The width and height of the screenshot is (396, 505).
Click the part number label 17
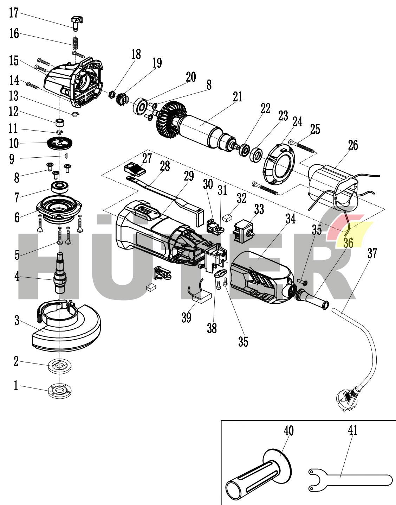[14, 13]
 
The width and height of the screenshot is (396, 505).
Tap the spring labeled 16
[75, 43]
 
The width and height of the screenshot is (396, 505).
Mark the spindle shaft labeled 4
[60, 278]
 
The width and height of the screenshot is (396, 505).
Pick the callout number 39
[186, 317]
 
